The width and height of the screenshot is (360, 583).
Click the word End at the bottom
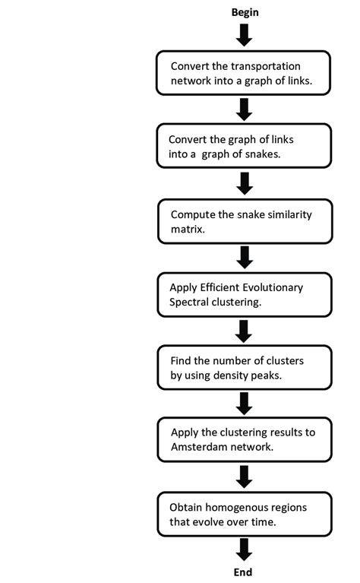pos(244,572)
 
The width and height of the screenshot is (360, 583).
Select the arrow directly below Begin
pos(244,34)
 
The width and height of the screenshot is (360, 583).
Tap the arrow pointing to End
pos(244,549)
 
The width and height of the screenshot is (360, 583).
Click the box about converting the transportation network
pos(244,73)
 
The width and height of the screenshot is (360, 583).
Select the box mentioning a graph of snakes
pos(244,147)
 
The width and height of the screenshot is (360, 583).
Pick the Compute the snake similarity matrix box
pos(244,220)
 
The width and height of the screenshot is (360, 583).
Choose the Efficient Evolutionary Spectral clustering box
pos(244,294)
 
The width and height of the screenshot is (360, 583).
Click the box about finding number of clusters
pos(244,368)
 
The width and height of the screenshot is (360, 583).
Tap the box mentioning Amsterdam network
pos(244,441)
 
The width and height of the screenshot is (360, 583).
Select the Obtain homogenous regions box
pos(244,515)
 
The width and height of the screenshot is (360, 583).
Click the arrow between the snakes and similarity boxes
pos(244,182)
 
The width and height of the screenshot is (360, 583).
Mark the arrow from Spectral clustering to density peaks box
pos(244,330)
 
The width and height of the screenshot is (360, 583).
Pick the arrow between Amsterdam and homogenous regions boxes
pos(244,477)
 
